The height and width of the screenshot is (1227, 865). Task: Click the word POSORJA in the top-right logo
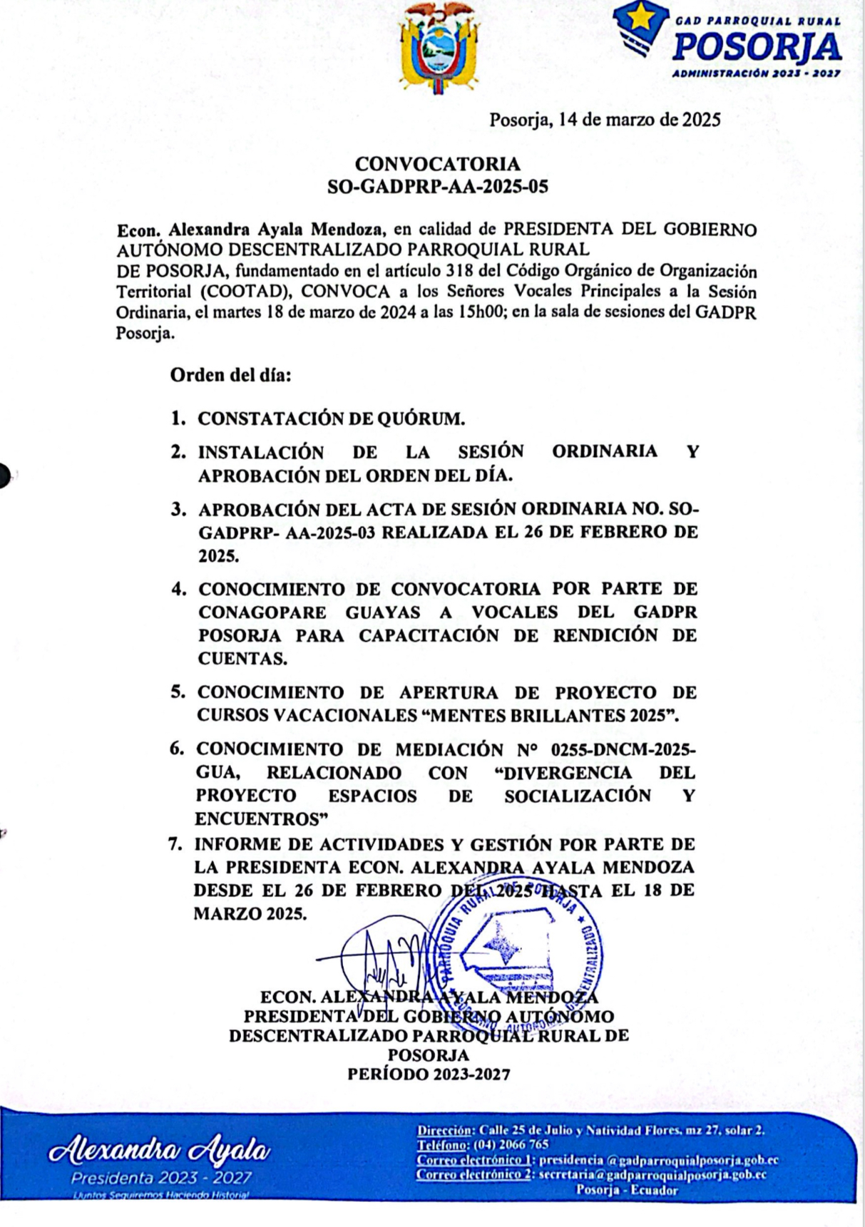757,48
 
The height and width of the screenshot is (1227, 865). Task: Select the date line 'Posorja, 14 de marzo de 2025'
604,120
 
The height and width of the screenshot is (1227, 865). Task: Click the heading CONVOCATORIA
437,164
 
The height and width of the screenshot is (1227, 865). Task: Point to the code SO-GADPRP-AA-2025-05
437,187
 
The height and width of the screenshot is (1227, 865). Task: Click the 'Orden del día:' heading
230,375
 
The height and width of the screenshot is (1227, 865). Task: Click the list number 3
178,510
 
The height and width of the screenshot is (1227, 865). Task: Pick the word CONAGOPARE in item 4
262,612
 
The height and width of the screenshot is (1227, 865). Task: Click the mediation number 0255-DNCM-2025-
625,749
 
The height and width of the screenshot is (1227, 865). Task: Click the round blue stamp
515,949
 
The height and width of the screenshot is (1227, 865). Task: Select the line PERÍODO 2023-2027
429,1074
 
